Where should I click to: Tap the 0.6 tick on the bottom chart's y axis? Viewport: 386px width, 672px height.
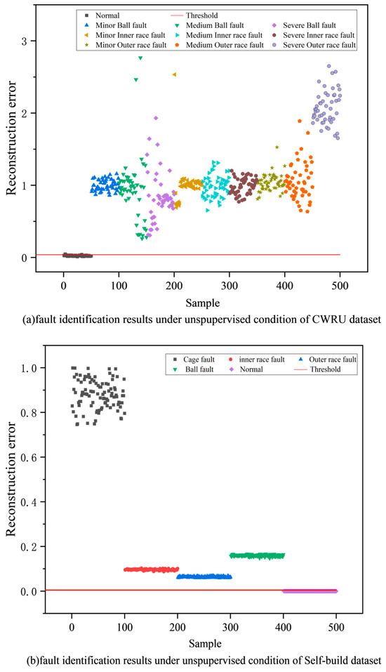pyautogui.click(x=28, y=457)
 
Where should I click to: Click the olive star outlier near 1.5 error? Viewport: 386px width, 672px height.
pyautogui.click(x=277, y=147)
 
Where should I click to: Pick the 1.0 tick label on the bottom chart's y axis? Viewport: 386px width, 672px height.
pyautogui.click(x=28, y=368)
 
